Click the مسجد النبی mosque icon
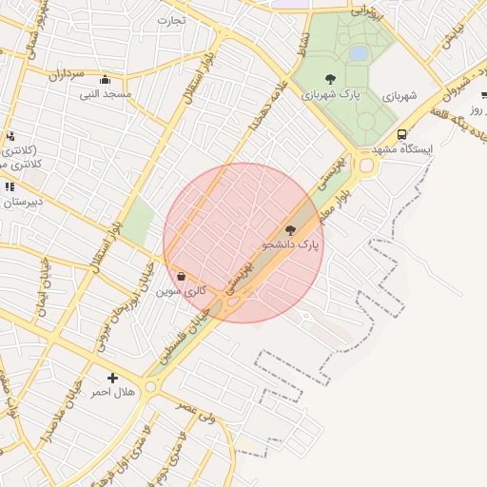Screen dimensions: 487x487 click(x=104, y=80)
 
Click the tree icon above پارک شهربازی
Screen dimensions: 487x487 click(x=330, y=79)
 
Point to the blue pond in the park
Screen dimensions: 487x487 click(x=359, y=54)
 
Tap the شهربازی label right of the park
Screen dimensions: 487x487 click(x=399, y=96)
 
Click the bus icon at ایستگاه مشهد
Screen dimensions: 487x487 click(x=401, y=134)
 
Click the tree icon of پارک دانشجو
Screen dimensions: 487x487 click(x=290, y=229)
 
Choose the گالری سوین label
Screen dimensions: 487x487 click(x=182, y=291)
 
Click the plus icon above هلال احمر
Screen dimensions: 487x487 click(x=113, y=378)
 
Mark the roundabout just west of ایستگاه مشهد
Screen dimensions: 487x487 click(x=366, y=166)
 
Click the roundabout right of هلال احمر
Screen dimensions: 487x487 click(x=150, y=386)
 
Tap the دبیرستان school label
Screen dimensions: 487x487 click(x=21, y=203)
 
